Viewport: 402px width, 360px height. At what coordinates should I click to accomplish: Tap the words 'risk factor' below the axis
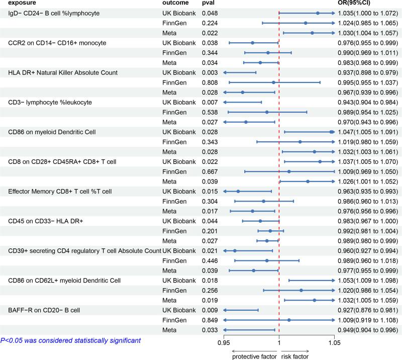point(295,356)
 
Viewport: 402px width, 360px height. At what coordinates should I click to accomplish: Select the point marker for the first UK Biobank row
point(318,13)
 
